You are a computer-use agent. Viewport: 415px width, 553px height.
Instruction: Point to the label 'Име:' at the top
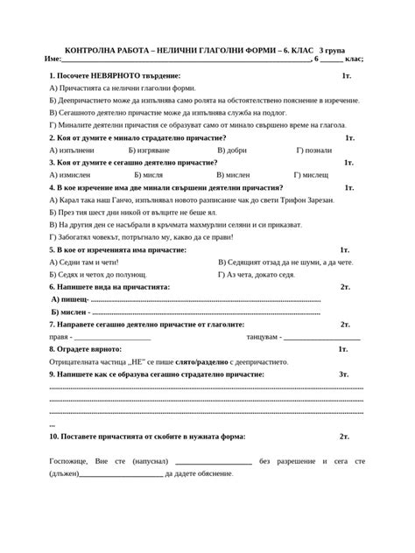point(51,59)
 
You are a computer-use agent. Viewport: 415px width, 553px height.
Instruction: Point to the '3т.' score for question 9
point(344,374)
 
